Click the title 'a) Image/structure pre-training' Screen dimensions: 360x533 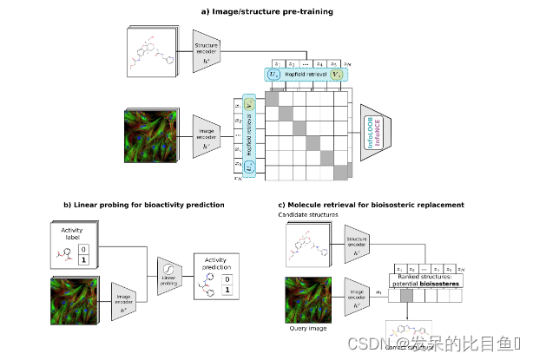point(266,10)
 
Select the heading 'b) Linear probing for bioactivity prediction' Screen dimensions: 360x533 point(144,205)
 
